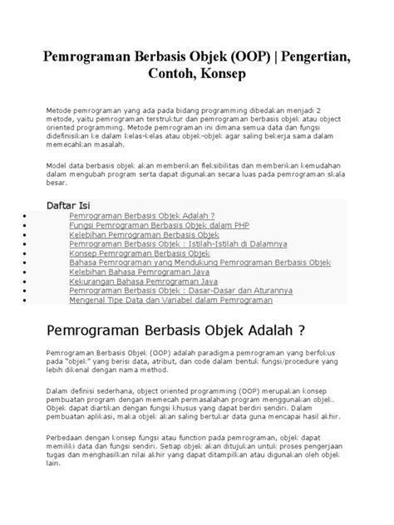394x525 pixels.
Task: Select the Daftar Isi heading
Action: click(x=70, y=204)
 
